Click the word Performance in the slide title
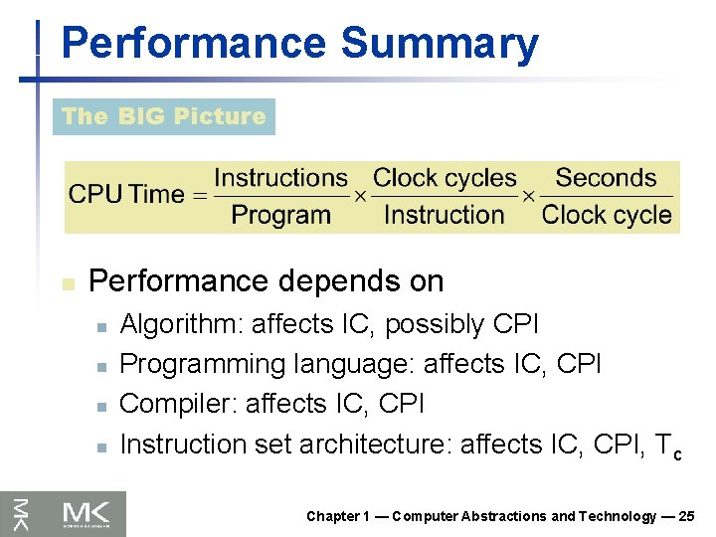(193, 45)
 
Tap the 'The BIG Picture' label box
(163, 116)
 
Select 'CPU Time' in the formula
(126, 196)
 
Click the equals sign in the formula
(200, 196)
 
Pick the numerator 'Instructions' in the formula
(280, 179)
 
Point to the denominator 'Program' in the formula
(280, 214)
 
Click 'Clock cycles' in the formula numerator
(445, 179)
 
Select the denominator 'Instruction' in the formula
(444, 214)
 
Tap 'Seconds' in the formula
(606, 179)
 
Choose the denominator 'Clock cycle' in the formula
(607, 214)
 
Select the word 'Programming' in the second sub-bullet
(202, 365)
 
